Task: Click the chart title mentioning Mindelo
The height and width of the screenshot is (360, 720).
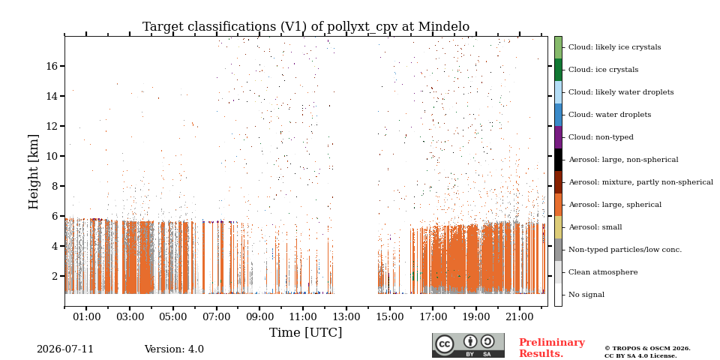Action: (x=306, y=27)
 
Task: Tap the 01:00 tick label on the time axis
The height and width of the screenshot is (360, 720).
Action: (x=86, y=316)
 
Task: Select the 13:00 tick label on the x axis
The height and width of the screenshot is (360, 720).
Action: (x=346, y=316)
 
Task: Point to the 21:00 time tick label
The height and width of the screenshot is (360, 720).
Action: (x=519, y=316)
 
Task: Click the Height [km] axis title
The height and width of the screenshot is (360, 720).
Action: (x=34, y=172)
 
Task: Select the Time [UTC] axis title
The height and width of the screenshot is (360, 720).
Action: (x=306, y=332)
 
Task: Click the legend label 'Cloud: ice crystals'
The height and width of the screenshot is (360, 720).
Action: (x=603, y=70)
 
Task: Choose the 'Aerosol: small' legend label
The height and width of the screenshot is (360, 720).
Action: (x=595, y=227)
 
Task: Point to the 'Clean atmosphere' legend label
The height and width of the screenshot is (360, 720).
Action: (x=603, y=272)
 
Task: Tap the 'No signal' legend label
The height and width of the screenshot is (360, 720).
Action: (x=586, y=295)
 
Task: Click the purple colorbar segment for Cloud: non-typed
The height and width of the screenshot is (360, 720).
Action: (x=558, y=137)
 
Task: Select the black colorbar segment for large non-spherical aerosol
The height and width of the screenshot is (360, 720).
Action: (x=558, y=160)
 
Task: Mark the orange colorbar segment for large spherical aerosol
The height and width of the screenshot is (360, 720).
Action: (x=558, y=205)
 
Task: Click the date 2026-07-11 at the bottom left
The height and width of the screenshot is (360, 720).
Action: (x=65, y=349)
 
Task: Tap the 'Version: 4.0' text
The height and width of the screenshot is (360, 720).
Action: (x=174, y=349)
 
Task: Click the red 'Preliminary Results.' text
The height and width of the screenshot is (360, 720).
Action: (x=552, y=348)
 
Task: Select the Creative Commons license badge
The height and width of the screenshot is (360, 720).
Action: (x=468, y=345)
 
